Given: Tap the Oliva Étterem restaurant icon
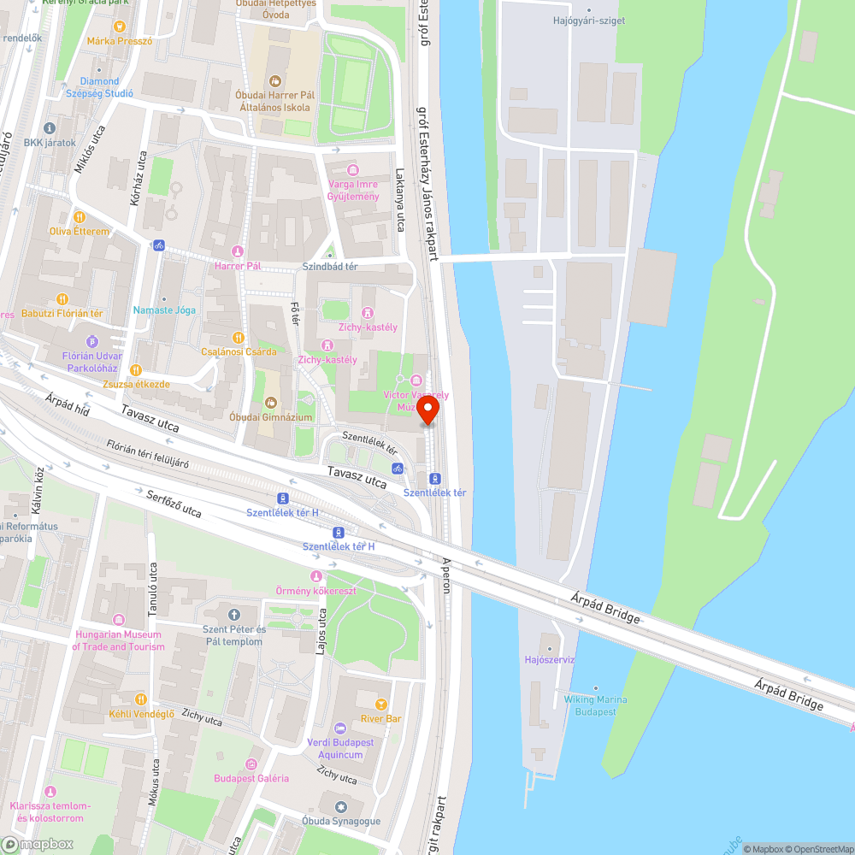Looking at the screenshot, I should pos(80,217).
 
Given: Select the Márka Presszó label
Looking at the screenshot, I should pos(120,40).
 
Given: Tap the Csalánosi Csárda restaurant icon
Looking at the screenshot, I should pos(239,337).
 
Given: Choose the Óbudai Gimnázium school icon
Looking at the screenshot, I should pos(270,402).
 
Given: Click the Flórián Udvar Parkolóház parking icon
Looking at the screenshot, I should pos(92,342).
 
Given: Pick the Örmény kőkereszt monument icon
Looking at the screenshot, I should pos(316,576).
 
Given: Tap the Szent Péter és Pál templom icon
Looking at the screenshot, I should pos(233,614).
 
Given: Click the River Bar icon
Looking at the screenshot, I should pos(380,705).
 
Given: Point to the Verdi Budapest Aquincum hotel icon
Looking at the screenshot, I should pos(340,728).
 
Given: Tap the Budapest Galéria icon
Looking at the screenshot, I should pos(251,764).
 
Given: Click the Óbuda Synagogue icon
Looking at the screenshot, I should pos(340,806).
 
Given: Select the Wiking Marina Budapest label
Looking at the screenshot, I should pos(595,705).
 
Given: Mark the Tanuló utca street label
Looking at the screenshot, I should pos(153,589).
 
